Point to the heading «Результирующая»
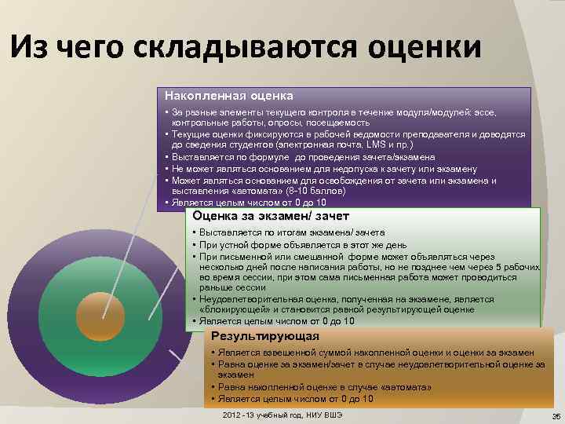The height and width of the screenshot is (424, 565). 249,336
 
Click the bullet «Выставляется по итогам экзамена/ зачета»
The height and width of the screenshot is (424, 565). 291,233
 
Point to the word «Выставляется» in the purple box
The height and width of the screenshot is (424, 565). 203,157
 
